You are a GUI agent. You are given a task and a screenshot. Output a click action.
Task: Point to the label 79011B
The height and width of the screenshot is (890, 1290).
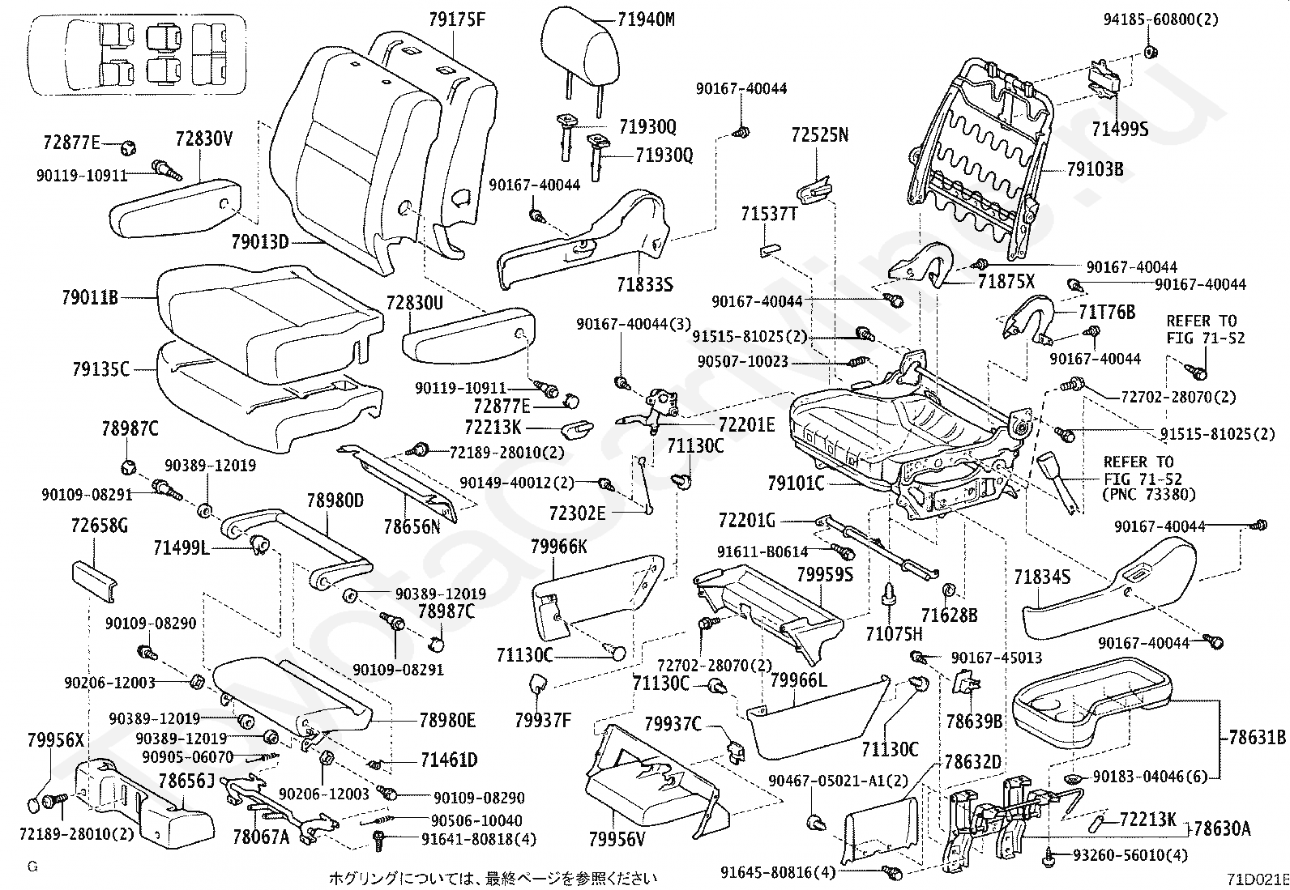pyautogui.click(x=90, y=298)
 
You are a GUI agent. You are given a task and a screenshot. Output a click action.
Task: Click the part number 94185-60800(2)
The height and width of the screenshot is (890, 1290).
pyautogui.click(x=1161, y=19)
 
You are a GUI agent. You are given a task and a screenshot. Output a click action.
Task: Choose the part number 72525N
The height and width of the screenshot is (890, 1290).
pyautogui.click(x=820, y=134)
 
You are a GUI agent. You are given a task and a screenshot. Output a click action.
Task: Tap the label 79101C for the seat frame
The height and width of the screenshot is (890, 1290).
pyautogui.click(x=796, y=484)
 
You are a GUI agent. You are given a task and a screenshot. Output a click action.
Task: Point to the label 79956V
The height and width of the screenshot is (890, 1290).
pyautogui.click(x=617, y=840)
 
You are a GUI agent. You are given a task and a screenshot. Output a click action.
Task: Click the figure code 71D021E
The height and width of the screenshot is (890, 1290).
pyautogui.click(x=1255, y=879)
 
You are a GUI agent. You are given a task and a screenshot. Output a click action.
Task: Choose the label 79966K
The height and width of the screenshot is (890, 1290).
pyautogui.click(x=559, y=546)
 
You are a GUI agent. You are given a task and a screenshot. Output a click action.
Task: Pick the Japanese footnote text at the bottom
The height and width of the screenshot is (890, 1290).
pyautogui.click(x=493, y=878)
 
